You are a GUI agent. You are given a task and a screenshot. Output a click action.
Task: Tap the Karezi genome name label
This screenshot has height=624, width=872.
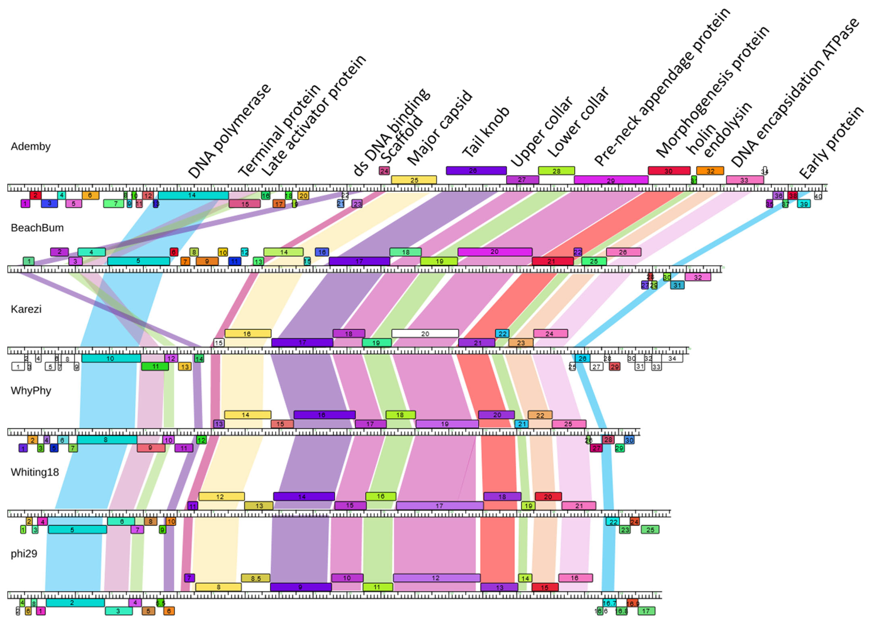26,309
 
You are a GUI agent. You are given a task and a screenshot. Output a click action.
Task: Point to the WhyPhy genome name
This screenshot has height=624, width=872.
31,391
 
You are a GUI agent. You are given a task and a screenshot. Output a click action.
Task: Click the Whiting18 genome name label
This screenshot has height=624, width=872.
35,472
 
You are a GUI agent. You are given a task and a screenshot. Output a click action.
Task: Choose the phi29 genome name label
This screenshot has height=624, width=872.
24,554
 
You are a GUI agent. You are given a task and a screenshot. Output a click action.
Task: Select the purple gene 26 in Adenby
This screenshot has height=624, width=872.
476,171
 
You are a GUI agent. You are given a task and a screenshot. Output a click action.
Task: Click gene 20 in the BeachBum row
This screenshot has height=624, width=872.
495,252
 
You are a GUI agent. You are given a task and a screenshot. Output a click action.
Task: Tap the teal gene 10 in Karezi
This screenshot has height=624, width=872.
111,359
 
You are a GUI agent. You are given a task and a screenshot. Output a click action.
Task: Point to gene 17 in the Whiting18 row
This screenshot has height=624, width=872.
439,506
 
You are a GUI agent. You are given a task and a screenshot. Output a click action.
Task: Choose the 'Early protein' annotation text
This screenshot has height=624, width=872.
831,143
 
